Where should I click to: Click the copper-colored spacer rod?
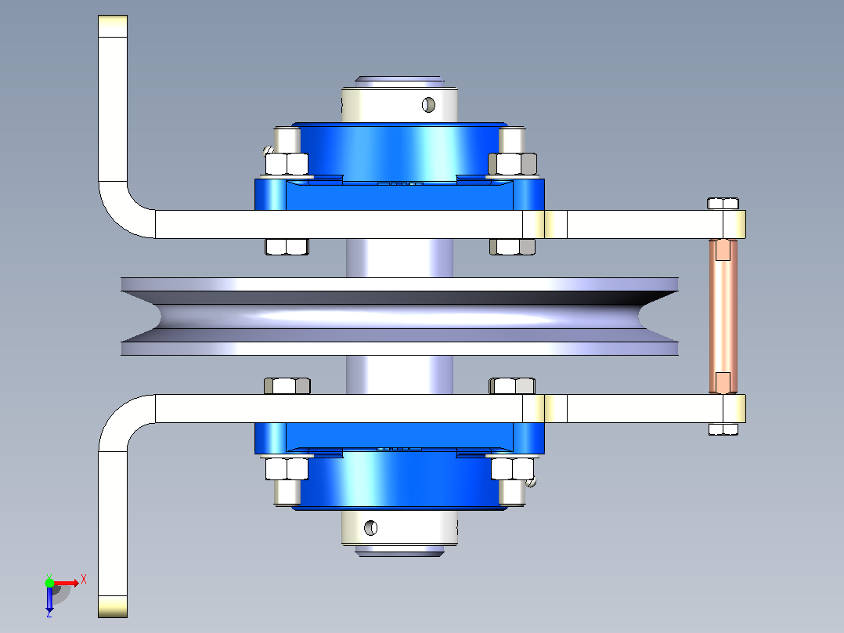[x=723, y=316]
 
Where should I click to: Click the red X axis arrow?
[x=67, y=583]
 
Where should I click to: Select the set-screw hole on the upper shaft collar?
[x=428, y=104]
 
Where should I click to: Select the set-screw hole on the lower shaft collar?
[x=371, y=528]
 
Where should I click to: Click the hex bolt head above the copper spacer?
[x=723, y=204]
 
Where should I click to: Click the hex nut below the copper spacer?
[x=723, y=429]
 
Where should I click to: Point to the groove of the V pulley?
[x=399, y=316]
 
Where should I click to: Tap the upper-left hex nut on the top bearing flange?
[x=287, y=164]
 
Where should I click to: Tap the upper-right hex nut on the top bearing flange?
[x=512, y=164]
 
